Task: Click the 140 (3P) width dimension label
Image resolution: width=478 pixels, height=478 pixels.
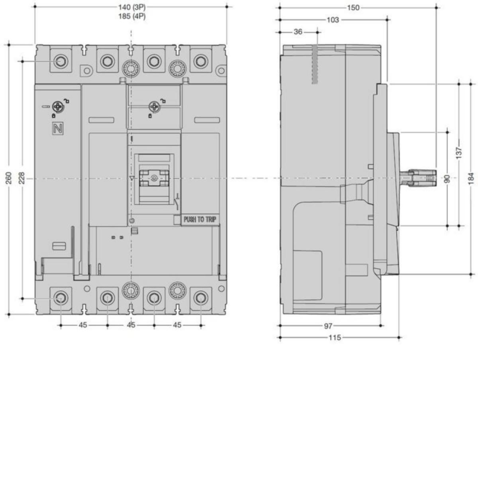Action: click(x=132, y=7)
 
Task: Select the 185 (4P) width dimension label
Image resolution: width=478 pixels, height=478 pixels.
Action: click(x=132, y=16)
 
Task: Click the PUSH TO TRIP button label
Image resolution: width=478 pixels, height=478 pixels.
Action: click(x=200, y=219)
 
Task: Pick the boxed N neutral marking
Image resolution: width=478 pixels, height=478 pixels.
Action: click(x=58, y=129)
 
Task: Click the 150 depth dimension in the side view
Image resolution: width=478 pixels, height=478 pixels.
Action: click(x=353, y=8)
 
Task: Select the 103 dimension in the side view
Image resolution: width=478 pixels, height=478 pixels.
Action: click(x=332, y=20)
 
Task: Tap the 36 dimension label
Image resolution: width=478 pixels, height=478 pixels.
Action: click(x=298, y=32)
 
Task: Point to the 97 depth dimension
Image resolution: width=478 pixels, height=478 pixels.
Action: click(x=328, y=326)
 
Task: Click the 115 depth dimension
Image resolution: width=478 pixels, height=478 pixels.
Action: click(x=335, y=338)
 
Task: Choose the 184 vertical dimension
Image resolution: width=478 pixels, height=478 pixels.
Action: click(x=471, y=178)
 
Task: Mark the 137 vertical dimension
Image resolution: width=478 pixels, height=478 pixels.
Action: click(x=459, y=153)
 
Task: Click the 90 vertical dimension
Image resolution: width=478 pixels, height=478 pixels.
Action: click(x=447, y=179)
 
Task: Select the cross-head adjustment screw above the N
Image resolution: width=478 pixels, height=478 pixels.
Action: click(x=58, y=107)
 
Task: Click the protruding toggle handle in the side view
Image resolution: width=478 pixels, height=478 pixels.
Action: click(x=418, y=178)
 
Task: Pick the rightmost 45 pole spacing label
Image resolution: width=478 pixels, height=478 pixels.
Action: click(x=177, y=325)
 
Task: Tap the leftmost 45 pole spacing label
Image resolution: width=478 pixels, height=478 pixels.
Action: click(x=83, y=325)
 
